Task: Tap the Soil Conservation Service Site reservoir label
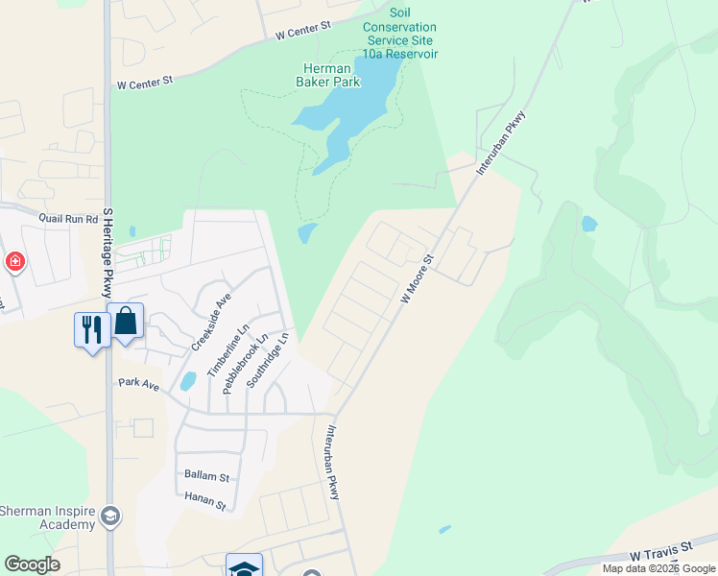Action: click(400, 40)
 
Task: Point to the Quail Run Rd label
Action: click(69, 218)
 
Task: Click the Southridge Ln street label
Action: click(268, 361)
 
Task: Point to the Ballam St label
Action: click(206, 476)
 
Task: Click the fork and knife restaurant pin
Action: click(92, 331)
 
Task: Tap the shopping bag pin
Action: click(126, 322)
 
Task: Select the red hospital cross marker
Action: click(15, 262)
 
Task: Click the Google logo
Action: click(33, 564)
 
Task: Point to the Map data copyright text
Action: click(659, 568)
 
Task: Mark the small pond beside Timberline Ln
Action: click(188, 381)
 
